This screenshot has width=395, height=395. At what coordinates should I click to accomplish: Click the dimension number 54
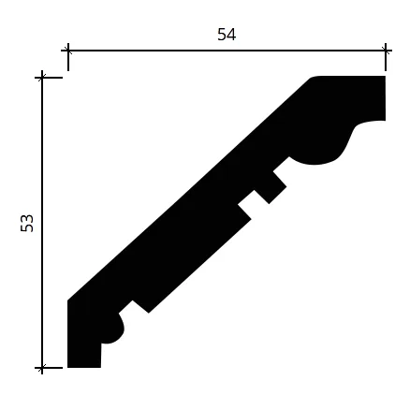tap(227, 35)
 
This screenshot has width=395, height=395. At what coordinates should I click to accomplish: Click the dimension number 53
tap(27, 223)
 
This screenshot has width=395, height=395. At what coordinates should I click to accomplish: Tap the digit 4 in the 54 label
tap(231, 35)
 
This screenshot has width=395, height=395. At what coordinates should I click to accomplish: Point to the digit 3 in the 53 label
tap(27, 218)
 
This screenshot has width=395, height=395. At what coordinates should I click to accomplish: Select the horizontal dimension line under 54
tap(227, 50)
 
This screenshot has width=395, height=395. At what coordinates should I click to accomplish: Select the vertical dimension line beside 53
tap(42, 223)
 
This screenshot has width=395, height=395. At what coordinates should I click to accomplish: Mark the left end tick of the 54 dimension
tap(68, 50)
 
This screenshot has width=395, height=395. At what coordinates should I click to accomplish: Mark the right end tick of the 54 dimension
tap(386, 50)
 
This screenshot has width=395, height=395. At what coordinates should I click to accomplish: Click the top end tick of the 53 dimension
tap(42, 77)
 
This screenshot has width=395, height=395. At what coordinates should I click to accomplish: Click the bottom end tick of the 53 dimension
tap(42, 368)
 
